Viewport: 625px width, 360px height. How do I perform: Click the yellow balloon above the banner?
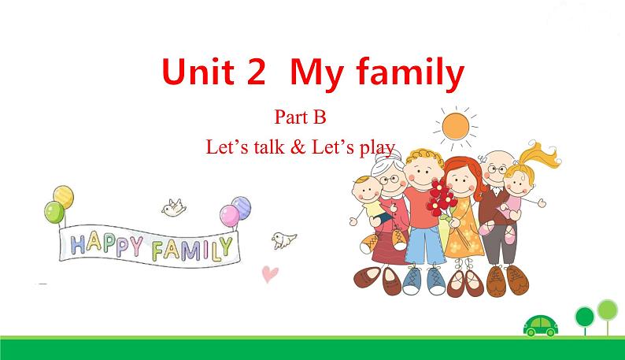click(x=64, y=196)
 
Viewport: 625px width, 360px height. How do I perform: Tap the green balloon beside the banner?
click(x=54, y=212)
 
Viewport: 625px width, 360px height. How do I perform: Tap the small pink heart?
click(x=269, y=273)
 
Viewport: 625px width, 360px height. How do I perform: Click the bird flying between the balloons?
click(x=172, y=206)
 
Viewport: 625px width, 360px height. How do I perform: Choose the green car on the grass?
click(x=540, y=323)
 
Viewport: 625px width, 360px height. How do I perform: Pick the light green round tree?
click(x=606, y=309)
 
